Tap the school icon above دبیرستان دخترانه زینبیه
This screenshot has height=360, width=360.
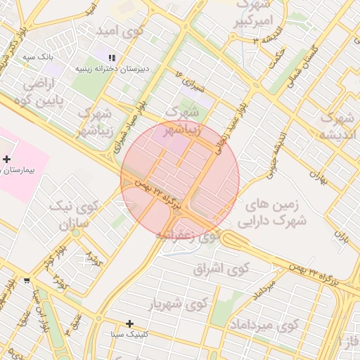point(111,58)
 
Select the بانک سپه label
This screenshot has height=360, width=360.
point(38,56)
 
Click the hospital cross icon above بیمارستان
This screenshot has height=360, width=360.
point(7,160)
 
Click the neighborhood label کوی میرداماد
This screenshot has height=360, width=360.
point(264,326)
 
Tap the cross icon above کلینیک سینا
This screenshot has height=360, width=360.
point(129,323)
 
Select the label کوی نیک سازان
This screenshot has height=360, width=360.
point(70,217)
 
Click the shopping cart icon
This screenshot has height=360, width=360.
point(27,280)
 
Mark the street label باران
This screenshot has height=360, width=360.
point(342,236)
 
